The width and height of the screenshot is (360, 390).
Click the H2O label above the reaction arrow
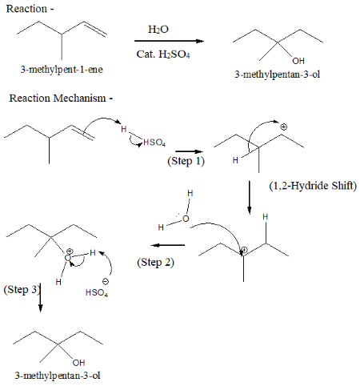[x=158, y=30]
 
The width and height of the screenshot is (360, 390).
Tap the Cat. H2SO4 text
[x=163, y=54]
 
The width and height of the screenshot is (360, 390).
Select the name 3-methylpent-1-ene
[x=62, y=70]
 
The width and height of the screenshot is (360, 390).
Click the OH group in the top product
[x=298, y=61]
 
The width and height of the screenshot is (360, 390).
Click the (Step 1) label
[x=186, y=161]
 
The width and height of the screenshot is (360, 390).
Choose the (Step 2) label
[x=156, y=263]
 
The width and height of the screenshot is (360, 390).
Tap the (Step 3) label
[x=22, y=290]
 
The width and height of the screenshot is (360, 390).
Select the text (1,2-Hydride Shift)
[x=313, y=186]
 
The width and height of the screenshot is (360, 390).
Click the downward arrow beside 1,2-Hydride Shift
[x=250, y=198]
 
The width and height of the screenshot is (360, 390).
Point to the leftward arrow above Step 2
[x=168, y=245]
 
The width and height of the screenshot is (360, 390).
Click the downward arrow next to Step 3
[x=40, y=297]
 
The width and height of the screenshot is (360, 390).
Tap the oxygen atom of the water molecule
[x=186, y=219]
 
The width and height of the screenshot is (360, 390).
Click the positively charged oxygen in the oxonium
[x=68, y=257]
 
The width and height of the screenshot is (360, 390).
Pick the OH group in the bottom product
[x=78, y=363]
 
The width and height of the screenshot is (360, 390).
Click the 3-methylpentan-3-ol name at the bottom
[x=58, y=376]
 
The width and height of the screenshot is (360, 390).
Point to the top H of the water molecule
[x=190, y=193]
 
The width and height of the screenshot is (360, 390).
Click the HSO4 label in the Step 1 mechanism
[x=154, y=143]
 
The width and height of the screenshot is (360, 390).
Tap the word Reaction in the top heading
[x=26, y=9]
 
